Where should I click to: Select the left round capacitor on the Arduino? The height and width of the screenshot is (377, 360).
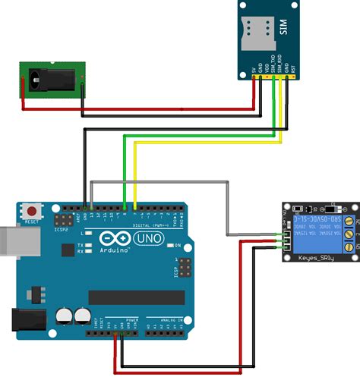click(x=64, y=315)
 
